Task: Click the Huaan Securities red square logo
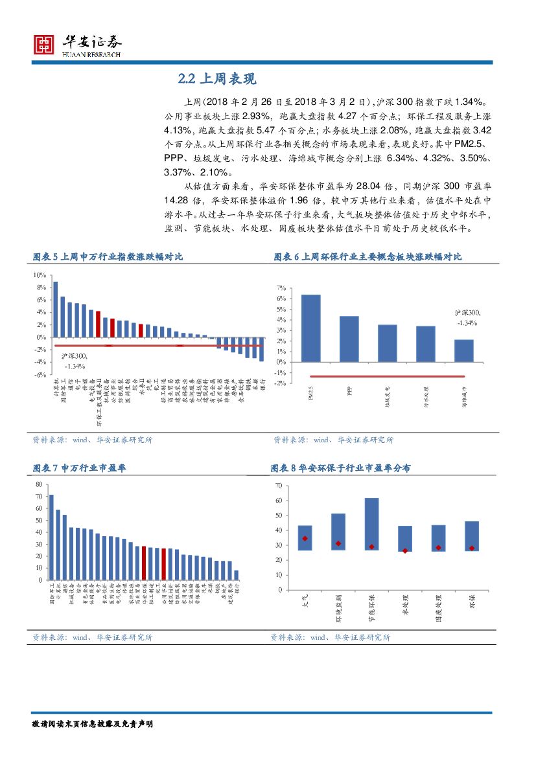(43, 44)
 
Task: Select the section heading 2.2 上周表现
(217, 79)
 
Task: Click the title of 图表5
(108, 257)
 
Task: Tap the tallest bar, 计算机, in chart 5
(55, 309)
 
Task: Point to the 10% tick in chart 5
(40, 275)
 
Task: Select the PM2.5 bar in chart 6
(310, 328)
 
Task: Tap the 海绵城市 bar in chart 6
(463, 350)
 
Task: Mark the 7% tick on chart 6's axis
(281, 288)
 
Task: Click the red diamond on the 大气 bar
(305, 538)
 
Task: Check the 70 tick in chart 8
(278, 486)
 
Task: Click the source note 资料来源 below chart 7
(92, 637)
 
